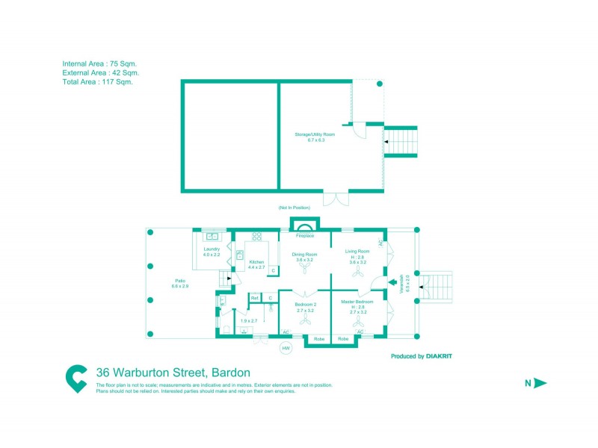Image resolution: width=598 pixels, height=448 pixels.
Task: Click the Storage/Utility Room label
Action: (315, 134)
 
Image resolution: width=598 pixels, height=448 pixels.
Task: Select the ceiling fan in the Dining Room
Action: (305, 273)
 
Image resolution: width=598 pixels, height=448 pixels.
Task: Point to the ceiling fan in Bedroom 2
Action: (305, 320)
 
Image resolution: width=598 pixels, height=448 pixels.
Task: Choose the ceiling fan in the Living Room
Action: (358, 273)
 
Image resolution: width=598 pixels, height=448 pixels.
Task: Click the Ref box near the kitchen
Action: (255, 298)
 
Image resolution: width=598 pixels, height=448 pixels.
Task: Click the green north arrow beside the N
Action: (541, 383)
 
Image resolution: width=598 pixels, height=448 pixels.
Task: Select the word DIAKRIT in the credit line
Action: (439, 356)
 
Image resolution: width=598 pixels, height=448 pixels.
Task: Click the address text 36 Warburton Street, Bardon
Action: (173, 372)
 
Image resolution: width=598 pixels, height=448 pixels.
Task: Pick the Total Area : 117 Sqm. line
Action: (97, 82)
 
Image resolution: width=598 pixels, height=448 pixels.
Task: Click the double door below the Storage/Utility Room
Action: (335, 198)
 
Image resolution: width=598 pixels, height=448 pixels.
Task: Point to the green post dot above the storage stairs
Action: (380, 84)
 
